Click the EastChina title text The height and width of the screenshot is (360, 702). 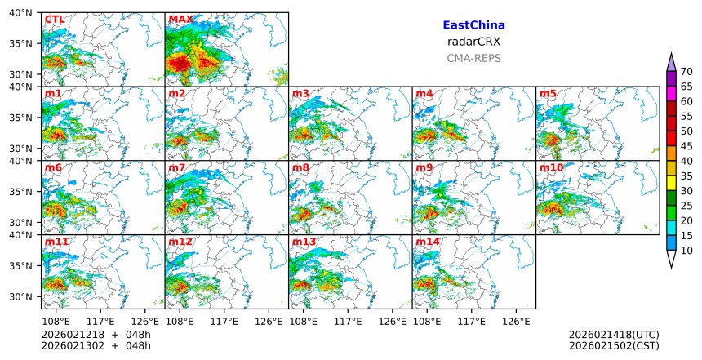coord(473,25)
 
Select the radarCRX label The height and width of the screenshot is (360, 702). coord(473,42)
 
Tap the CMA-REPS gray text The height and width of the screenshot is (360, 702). coord(473,58)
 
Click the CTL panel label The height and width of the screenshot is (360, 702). coord(55,20)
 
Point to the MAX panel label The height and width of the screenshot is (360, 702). coord(180,20)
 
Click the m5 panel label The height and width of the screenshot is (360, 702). coord(548,94)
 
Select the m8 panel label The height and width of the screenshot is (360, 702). coord(300,168)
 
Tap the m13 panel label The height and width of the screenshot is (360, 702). coord(304,242)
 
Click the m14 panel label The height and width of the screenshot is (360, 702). coord(428,242)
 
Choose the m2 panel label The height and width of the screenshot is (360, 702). coord(176,94)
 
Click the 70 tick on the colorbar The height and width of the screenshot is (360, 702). coord(686,71)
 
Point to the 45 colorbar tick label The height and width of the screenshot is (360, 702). coord(686,146)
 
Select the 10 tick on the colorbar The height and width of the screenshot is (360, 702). coord(686,251)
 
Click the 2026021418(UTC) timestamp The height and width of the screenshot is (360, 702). coord(614,335)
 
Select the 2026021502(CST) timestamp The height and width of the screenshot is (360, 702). coord(614,346)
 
